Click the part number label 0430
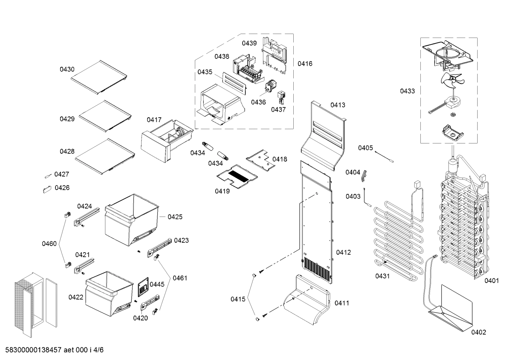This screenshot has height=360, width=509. (67, 70)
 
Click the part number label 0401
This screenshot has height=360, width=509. (491, 281)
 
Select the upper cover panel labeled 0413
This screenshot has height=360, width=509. (323, 134)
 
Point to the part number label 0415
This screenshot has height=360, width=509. (238, 299)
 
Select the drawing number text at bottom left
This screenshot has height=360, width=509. (53, 350)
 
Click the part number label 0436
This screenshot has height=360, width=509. (258, 102)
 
